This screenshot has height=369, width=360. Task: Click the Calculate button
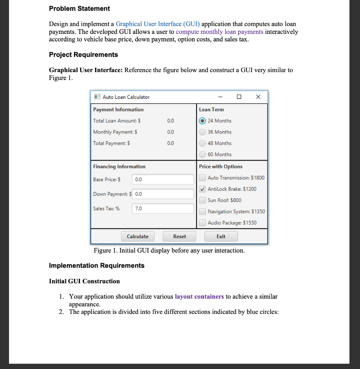click(138, 236)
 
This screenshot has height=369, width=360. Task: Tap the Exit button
click(221, 236)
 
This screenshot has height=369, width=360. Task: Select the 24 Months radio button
click(203, 121)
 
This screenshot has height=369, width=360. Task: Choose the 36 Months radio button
click(203, 132)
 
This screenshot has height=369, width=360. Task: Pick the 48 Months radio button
click(203, 143)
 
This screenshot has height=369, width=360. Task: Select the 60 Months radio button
click(203, 154)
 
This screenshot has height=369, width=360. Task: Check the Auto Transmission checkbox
click(203, 178)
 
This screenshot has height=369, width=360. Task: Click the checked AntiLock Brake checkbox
click(203, 189)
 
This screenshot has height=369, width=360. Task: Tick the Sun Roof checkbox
click(203, 200)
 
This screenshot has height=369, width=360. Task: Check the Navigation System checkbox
click(203, 212)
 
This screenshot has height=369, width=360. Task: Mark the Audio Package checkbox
click(203, 223)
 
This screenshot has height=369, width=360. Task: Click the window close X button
click(257, 97)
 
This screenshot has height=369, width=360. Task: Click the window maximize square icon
click(239, 97)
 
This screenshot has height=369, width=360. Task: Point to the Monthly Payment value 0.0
click(170, 132)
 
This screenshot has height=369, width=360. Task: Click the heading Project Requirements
click(83, 55)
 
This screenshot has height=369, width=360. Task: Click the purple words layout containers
click(199, 297)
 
